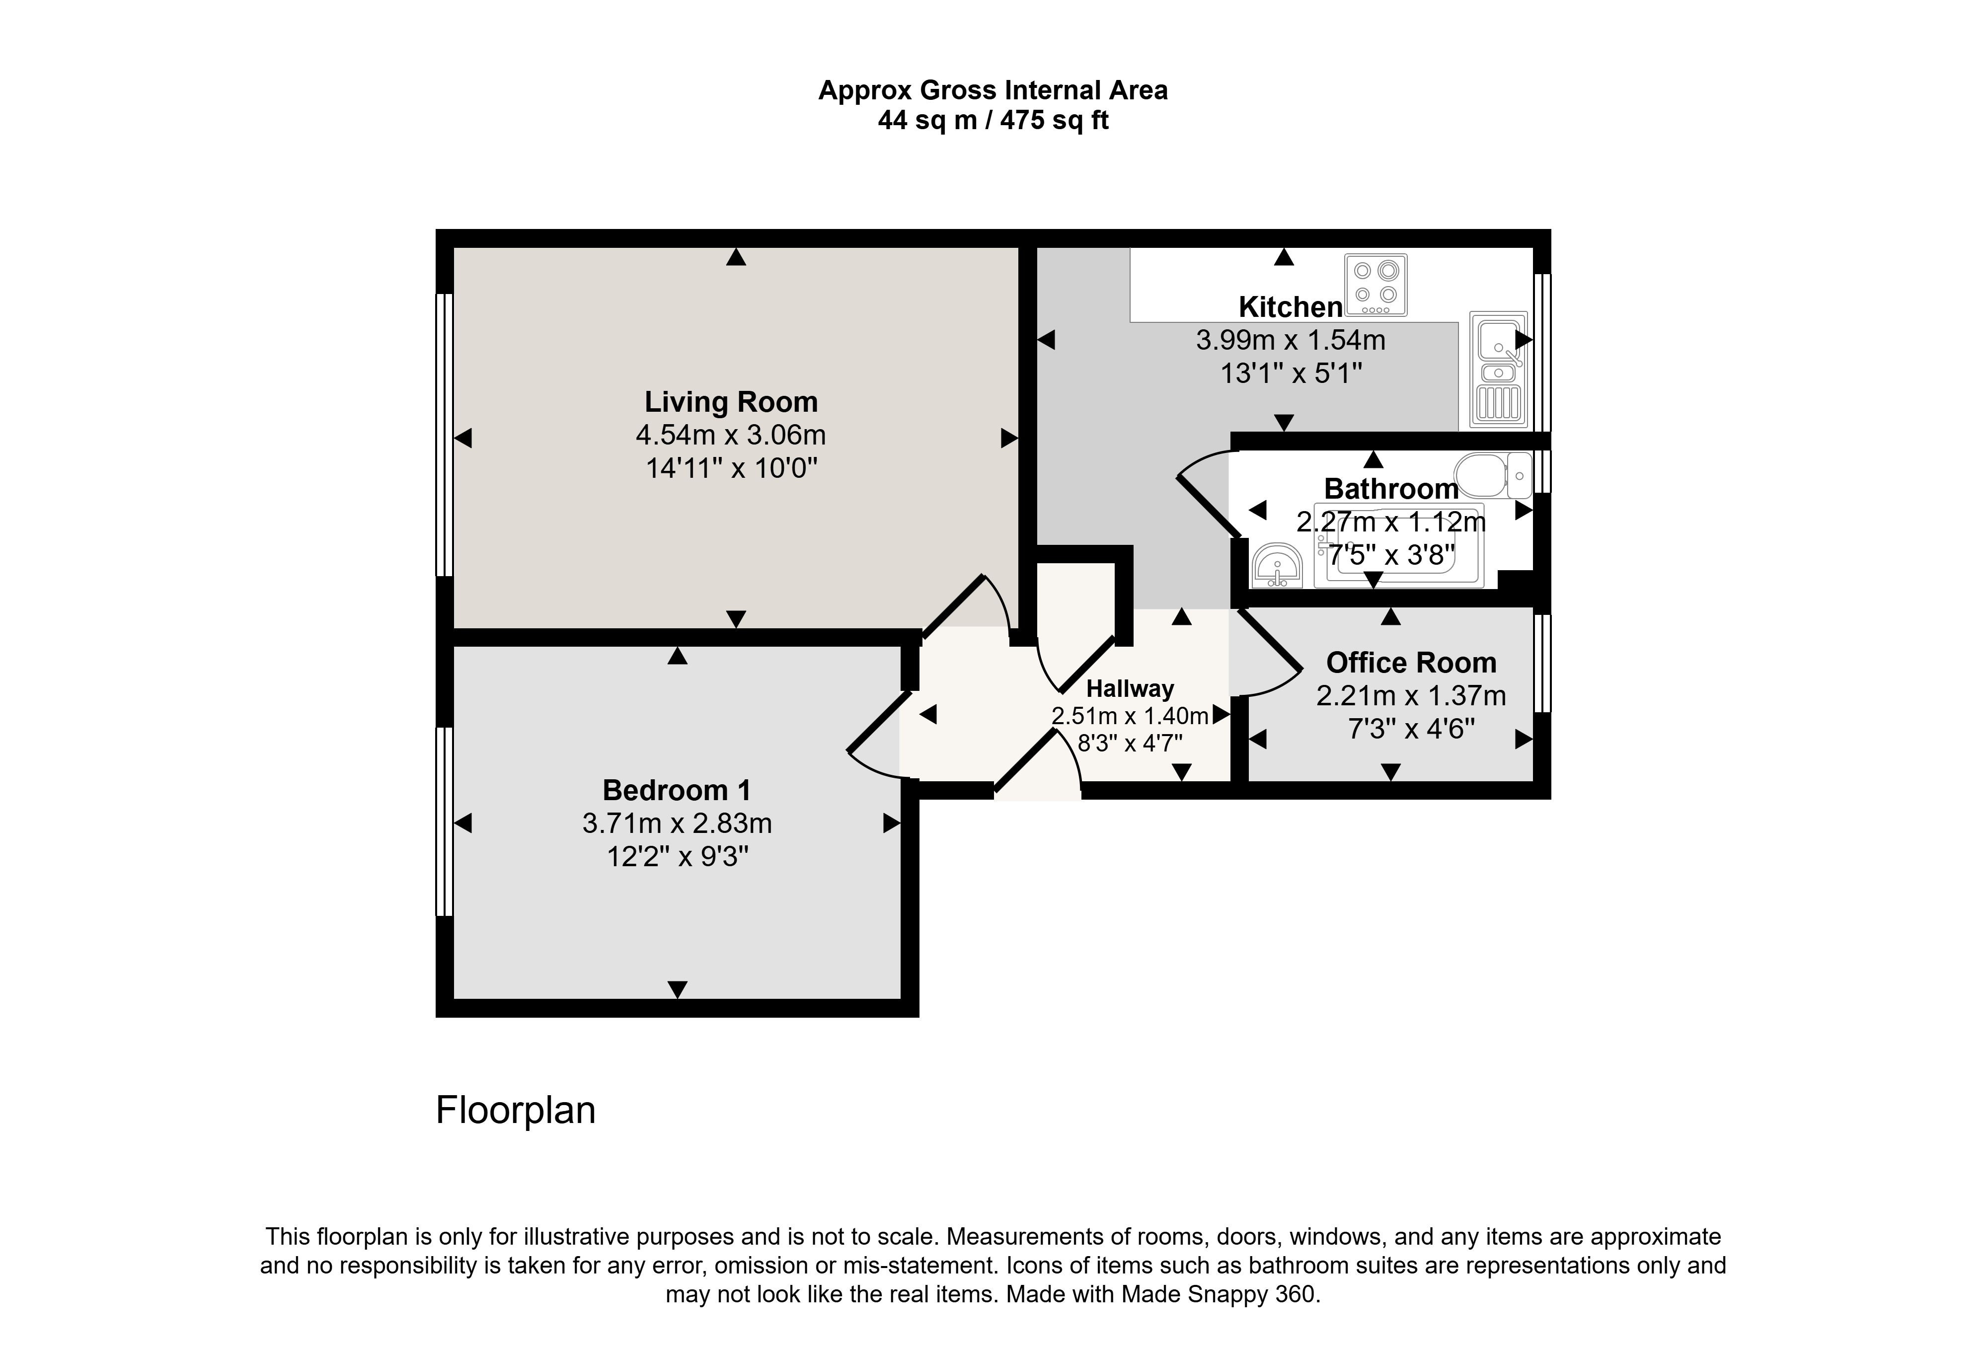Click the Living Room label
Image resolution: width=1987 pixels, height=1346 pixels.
pos(731,402)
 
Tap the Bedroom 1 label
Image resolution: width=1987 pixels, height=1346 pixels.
pos(677,790)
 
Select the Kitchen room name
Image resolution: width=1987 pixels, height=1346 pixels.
pos(1290,307)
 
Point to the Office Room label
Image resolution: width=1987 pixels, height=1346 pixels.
pos(1411,662)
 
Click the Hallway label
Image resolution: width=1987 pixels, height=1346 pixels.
pos(1130,689)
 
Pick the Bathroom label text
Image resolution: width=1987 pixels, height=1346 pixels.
pos(1391,489)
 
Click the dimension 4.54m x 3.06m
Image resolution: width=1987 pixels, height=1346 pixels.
pos(731,435)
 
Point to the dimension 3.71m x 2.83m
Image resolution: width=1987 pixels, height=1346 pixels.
pos(677,823)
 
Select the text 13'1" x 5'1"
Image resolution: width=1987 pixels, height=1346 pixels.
pos(1290,374)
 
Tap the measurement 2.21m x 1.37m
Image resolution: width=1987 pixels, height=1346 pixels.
pos(1411,696)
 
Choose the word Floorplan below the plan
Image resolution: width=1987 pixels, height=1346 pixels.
pos(516,1110)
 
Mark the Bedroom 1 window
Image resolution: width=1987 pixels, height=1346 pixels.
pos(445,822)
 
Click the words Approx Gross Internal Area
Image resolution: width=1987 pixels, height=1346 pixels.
pos(993,90)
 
